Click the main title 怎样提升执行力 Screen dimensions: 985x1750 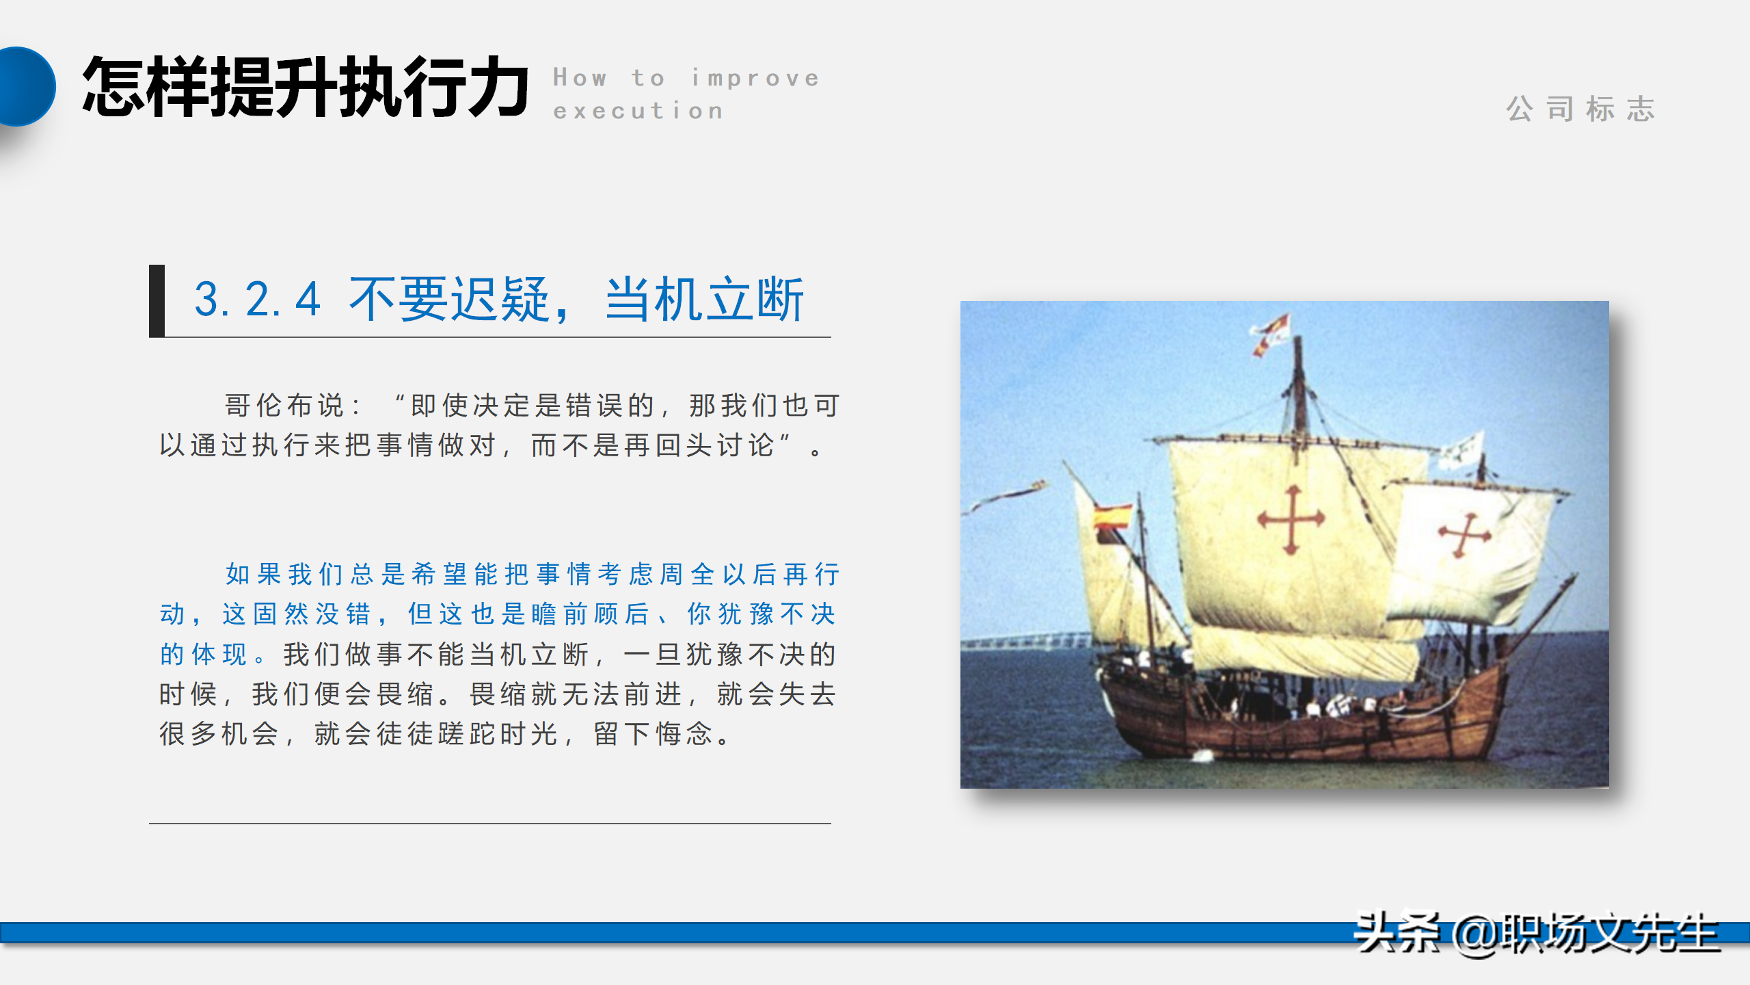click(305, 88)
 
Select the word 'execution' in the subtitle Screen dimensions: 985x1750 click(638, 111)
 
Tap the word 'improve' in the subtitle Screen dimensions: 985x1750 click(755, 78)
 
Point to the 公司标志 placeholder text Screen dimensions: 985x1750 click(1580, 109)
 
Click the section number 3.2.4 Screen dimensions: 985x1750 click(257, 300)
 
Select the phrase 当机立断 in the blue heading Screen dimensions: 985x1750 click(704, 300)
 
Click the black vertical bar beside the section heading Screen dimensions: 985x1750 click(157, 300)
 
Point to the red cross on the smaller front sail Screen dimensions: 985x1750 click(1464, 534)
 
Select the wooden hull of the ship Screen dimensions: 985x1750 click(1299, 725)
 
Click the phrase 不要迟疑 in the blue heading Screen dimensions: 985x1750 click(449, 300)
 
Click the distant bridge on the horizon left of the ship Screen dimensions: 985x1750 click(1025, 641)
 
